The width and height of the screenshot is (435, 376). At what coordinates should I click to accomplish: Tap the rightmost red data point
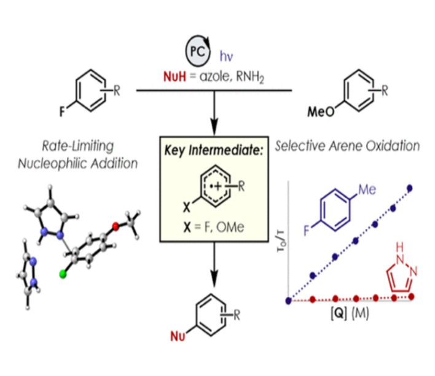[x=410, y=297]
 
